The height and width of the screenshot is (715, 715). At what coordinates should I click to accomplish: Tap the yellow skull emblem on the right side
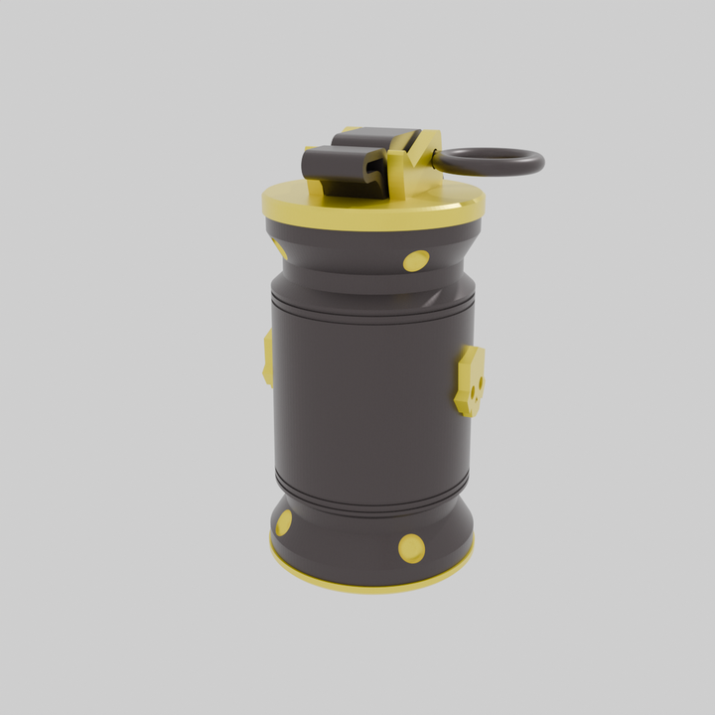click(x=470, y=380)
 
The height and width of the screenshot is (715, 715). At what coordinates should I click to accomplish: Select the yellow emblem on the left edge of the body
click(x=268, y=357)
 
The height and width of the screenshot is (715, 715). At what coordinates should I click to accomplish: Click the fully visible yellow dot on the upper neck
click(x=416, y=261)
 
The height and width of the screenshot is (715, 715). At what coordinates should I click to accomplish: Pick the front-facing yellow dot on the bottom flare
click(x=411, y=548)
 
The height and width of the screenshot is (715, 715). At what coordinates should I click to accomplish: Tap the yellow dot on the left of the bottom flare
click(x=284, y=522)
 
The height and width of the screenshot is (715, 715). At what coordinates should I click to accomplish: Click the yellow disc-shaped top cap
click(x=328, y=209)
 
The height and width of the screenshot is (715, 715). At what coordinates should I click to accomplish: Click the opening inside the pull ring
click(x=489, y=160)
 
